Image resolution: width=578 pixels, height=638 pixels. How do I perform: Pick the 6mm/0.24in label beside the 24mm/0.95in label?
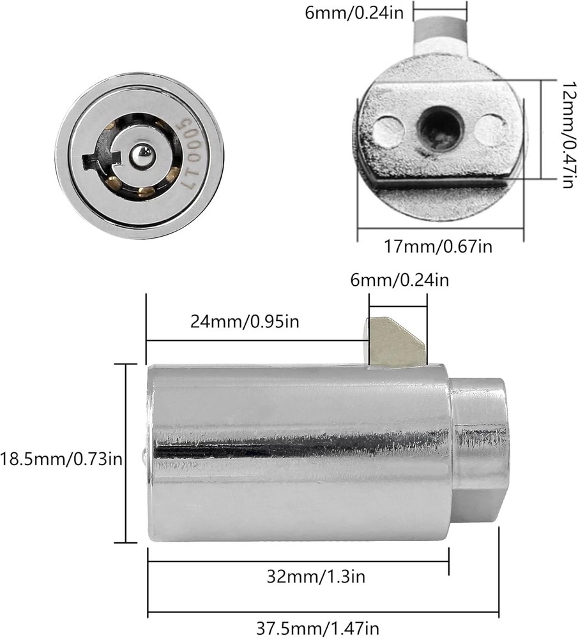click(399, 279)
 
